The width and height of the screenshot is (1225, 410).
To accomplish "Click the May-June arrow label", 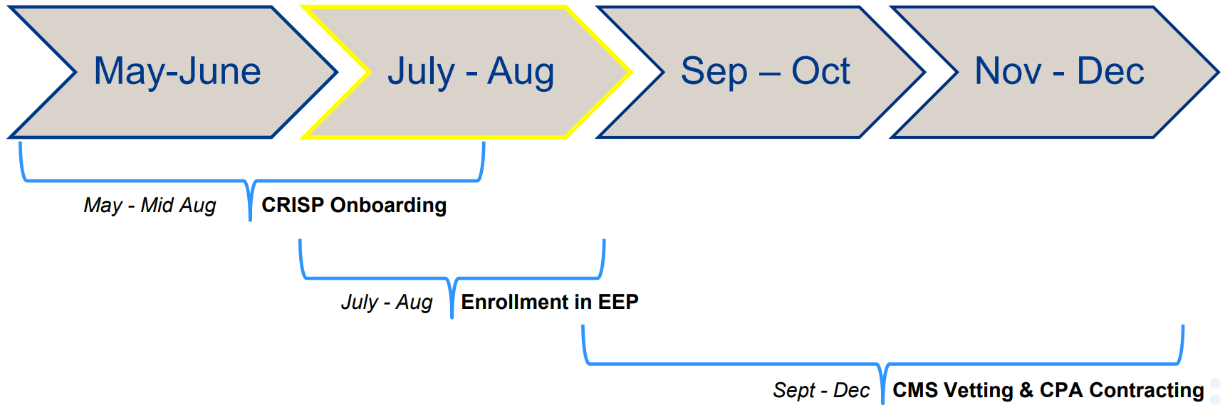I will pos(177,71).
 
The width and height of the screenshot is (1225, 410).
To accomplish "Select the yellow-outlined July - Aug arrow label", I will pos(470,71).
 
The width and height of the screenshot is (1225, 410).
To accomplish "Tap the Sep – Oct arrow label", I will pos(765,71).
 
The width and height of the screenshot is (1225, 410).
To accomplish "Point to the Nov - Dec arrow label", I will pos(1059,71).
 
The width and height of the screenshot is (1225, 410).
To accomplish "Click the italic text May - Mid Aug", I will pos(150,206).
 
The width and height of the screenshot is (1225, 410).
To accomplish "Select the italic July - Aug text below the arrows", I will pos(387,303).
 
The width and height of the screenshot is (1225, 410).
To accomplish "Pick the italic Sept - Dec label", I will pos(821,391).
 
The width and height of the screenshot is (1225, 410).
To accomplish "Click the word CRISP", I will pos(293,205).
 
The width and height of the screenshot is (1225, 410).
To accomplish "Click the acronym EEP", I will pos(618,302).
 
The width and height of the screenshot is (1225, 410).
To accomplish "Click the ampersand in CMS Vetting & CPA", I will pos(1026,390).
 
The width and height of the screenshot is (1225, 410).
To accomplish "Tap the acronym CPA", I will pos(1061,390).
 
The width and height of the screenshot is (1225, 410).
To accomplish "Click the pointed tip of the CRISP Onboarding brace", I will pos(250,218).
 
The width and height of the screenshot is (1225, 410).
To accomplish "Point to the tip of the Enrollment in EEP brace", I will pos(452,315).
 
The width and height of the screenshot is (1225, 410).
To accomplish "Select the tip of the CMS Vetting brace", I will pos(882,401).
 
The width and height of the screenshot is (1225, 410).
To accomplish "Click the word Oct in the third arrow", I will pos(820,71).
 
